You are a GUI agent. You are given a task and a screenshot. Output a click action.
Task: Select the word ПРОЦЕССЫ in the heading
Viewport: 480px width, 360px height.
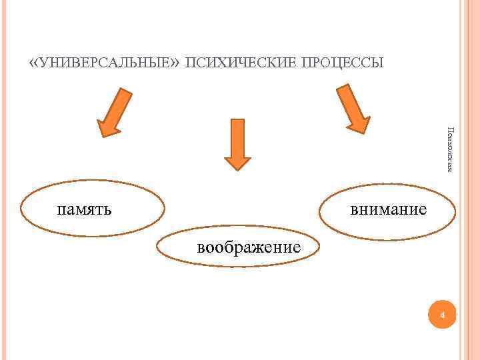(x=342, y=63)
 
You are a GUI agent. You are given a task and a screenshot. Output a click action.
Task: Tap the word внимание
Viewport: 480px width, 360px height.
(x=389, y=210)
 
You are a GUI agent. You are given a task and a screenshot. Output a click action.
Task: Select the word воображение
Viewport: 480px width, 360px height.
(x=249, y=248)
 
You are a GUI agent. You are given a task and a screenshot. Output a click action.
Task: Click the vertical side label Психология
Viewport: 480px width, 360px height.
(x=450, y=149)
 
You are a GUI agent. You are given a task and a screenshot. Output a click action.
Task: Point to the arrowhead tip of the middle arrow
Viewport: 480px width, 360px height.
(x=237, y=169)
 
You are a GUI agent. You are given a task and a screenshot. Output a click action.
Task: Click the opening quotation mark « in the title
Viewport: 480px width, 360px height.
(x=33, y=63)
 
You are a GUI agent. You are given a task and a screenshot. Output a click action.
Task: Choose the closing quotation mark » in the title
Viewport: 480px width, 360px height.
(x=177, y=63)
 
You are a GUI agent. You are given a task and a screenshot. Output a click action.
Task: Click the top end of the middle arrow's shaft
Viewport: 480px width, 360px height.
(x=237, y=121)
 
